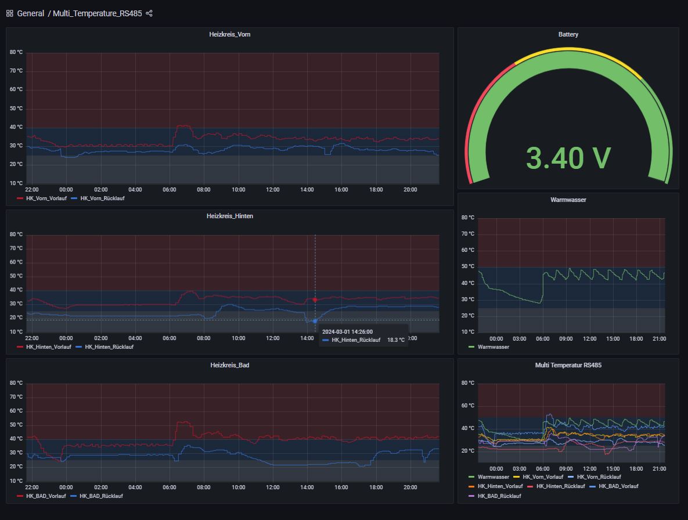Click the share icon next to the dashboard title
[x=149, y=13]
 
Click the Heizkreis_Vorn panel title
[x=229, y=34]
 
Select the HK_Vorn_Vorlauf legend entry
[x=46, y=198]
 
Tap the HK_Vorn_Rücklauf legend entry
[x=102, y=198]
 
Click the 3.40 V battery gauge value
[x=568, y=158]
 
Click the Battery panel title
[x=568, y=34]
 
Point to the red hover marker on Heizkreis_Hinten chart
[x=315, y=300]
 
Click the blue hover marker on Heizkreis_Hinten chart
[x=315, y=321]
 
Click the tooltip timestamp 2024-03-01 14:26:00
[x=347, y=331]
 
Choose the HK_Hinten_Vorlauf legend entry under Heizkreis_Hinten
[x=48, y=347]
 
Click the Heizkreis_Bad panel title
[x=229, y=365]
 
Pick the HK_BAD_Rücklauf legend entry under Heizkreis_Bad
[x=102, y=496]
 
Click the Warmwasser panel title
[x=568, y=200]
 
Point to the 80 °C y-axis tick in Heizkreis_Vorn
[x=16, y=52]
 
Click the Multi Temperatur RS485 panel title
[x=568, y=365]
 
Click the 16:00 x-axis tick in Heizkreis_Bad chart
[x=341, y=488]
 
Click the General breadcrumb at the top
[x=30, y=13]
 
